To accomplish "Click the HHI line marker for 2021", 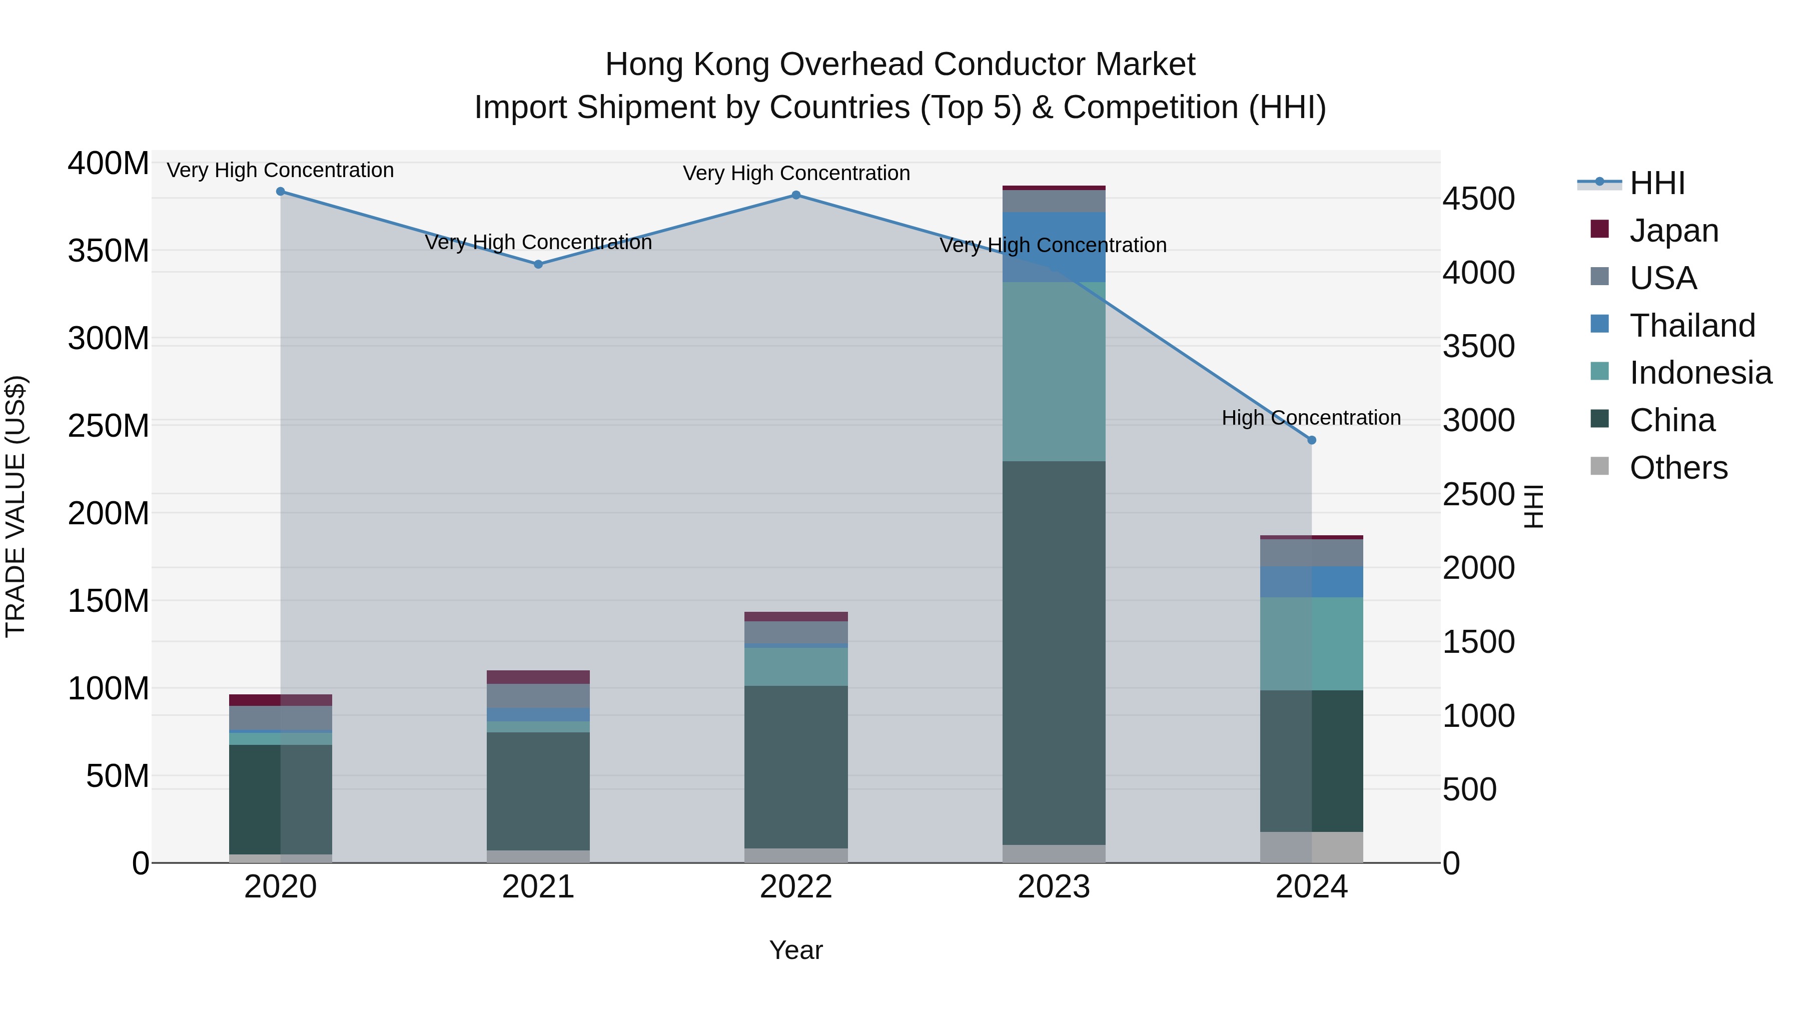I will pos(538,264).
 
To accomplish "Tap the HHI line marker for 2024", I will pos(1311,440).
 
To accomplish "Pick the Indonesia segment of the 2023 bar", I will pos(1054,371).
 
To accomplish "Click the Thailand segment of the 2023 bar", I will pos(1054,247).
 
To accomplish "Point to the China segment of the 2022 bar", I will pos(795,766).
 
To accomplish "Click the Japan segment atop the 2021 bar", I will pos(538,677).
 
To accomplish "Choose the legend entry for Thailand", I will pos(1691,326).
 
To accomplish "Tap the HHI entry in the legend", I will pos(1656,183).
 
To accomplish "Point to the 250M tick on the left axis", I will pos(109,426).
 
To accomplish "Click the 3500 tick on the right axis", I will pos(1479,347).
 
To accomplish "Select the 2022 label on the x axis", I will pos(795,887).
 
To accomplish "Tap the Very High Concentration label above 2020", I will pos(280,171).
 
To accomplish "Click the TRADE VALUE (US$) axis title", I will pos(16,506).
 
